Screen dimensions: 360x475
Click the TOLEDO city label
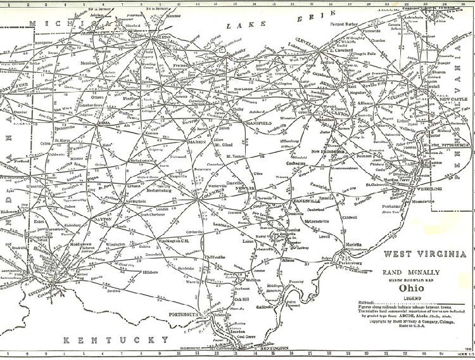click(x=156, y=37)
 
